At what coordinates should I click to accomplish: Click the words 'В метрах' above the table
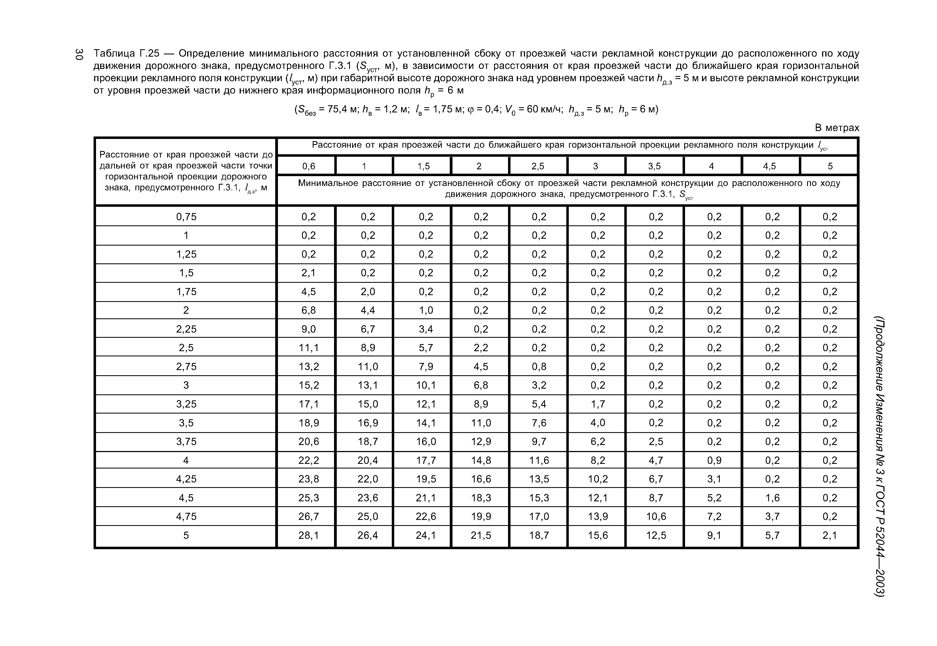click(x=837, y=128)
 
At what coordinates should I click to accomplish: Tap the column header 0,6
click(x=309, y=166)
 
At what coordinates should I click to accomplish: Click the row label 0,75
click(x=186, y=217)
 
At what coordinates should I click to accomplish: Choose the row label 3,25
click(x=186, y=404)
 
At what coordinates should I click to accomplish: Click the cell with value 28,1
click(x=309, y=536)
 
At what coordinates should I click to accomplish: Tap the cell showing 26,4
click(x=368, y=536)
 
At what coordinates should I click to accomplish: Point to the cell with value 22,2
click(x=309, y=461)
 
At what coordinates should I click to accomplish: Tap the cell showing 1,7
click(x=598, y=404)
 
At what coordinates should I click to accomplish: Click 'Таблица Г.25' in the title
click(x=127, y=54)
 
